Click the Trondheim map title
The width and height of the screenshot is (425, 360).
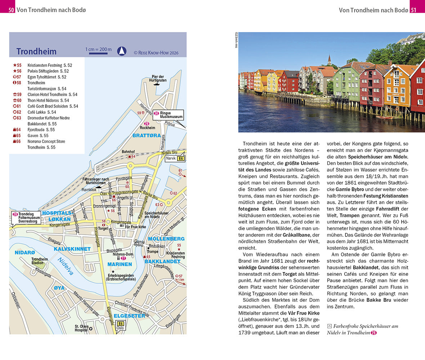(36, 51)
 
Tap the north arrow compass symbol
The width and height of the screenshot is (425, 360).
(122, 51)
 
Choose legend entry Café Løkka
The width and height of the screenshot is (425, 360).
(37, 112)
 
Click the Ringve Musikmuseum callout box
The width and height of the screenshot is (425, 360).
(168, 115)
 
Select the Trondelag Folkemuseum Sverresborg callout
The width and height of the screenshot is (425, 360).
(26, 218)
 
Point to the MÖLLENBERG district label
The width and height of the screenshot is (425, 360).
(166, 239)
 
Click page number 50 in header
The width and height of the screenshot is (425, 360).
(12, 10)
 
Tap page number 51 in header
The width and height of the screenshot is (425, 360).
(413, 10)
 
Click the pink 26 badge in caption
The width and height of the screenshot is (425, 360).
(373, 333)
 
